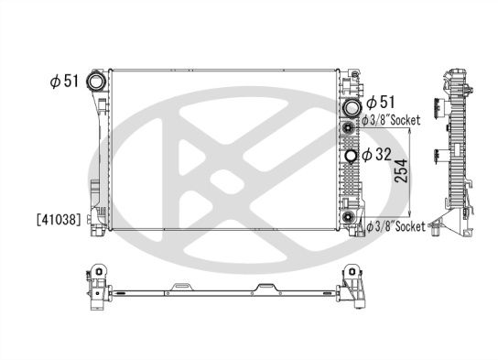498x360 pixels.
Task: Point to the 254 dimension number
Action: point(401,171)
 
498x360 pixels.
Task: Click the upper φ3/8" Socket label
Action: point(393,120)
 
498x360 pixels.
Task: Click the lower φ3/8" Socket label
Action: point(396,225)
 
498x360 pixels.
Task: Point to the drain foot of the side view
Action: point(441,224)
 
